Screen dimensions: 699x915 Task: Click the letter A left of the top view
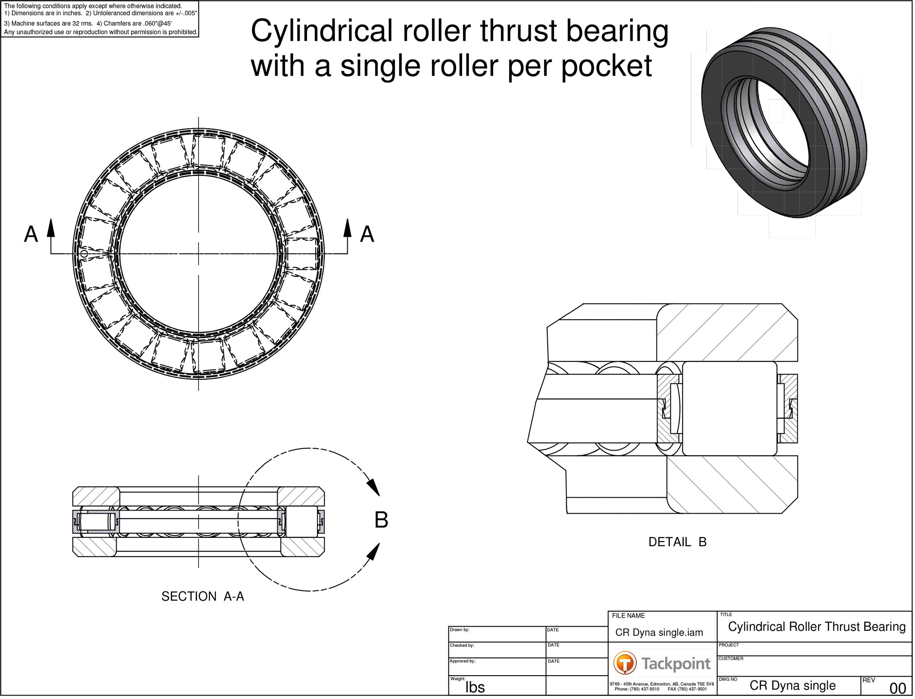(31, 235)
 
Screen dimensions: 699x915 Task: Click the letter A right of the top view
(368, 235)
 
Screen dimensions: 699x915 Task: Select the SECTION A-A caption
(203, 598)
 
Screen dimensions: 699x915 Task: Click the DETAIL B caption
(679, 543)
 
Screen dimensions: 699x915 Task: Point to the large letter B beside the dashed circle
(382, 521)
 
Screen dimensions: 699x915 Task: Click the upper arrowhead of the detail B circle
(374, 488)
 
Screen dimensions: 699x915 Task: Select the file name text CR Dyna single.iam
(660, 634)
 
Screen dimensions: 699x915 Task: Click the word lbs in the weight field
(476, 689)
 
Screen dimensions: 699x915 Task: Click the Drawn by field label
(460, 631)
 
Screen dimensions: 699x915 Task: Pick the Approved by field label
(463, 663)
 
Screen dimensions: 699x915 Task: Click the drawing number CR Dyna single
(794, 687)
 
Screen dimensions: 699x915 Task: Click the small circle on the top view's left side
(84, 254)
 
